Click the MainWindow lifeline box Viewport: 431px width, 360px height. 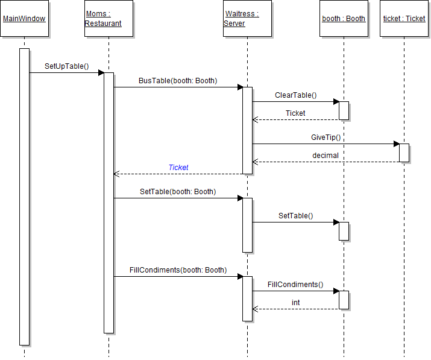click(x=24, y=19)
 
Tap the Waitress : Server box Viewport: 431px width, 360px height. click(x=247, y=19)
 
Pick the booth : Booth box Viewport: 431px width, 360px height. click(x=344, y=19)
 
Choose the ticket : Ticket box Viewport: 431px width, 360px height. click(x=404, y=19)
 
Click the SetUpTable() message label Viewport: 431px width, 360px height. click(x=66, y=66)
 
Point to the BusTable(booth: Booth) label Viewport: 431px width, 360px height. click(x=178, y=80)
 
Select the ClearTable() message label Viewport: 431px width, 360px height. click(x=295, y=95)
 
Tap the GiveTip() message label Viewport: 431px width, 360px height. click(x=326, y=137)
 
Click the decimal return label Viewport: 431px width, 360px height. click(x=326, y=155)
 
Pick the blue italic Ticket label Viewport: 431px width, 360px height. click(x=178, y=167)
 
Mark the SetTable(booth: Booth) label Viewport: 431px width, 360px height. click(x=178, y=191)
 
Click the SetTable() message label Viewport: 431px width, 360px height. click(x=295, y=215)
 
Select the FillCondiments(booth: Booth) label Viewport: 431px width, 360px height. click(x=178, y=270)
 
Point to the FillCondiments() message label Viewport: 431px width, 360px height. click(x=295, y=284)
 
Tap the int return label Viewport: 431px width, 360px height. click(x=296, y=302)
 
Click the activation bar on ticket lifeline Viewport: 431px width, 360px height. click(x=404, y=153)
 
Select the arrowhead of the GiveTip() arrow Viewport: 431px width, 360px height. click(x=396, y=144)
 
